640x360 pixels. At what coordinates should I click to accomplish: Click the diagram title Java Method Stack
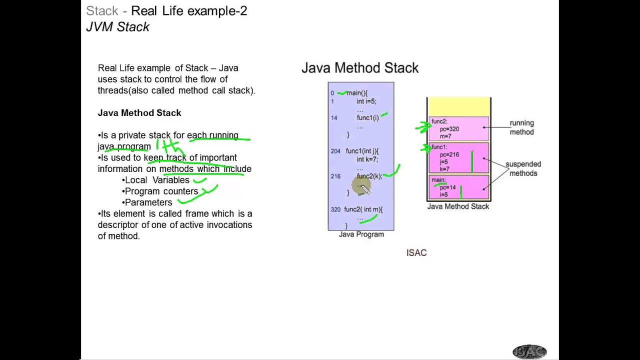click(360, 68)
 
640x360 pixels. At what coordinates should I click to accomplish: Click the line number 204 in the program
click(335, 151)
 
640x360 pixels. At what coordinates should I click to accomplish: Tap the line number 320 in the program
click(335, 209)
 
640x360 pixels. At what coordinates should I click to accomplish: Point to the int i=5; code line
click(366, 101)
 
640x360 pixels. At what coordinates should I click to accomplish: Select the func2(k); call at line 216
click(369, 176)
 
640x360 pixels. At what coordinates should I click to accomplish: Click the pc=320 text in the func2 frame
click(449, 129)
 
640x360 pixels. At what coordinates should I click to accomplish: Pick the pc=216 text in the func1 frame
click(449, 155)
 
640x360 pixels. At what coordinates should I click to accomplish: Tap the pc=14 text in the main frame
click(448, 187)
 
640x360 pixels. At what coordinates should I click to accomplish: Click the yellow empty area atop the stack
click(458, 107)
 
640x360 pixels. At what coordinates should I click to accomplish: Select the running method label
click(521, 127)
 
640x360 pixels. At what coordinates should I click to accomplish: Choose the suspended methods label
click(523, 168)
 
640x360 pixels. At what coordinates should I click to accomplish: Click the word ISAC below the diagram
click(416, 253)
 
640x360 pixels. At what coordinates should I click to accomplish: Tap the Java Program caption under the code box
click(361, 234)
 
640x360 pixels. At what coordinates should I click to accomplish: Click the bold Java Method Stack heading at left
click(139, 113)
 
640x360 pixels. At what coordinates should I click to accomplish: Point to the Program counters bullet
click(161, 191)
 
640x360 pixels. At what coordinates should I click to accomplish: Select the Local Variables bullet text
click(157, 180)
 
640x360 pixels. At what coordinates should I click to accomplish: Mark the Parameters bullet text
click(148, 202)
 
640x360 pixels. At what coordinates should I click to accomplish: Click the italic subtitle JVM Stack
click(118, 27)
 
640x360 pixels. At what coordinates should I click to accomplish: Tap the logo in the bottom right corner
click(529, 351)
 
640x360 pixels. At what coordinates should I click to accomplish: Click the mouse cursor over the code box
click(365, 188)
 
